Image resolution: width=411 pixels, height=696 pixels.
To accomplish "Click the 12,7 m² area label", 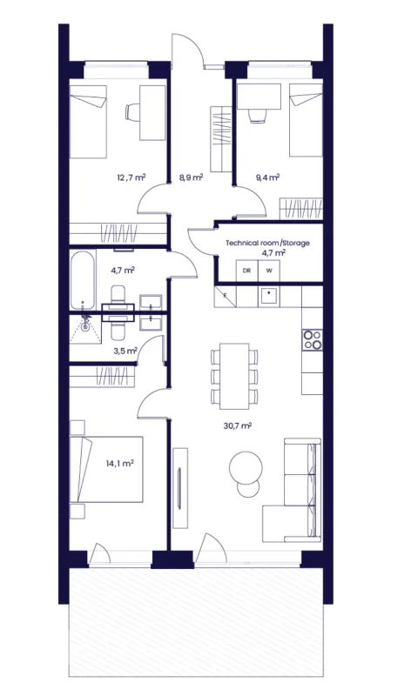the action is tap(131, 177).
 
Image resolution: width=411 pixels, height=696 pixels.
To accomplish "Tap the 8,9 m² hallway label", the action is tap(191, 177).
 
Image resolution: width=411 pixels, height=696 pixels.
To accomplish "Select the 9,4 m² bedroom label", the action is tap(267, 177).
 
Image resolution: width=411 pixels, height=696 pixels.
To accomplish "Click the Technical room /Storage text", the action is tap(267, 243).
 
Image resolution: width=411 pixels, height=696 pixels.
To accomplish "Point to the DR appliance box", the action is tap(246, 271).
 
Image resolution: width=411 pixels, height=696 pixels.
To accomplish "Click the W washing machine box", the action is tap(269, 271).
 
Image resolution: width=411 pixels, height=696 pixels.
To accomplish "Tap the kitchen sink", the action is tap(269, 297).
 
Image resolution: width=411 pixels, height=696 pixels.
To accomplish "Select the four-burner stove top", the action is tap(313, 339).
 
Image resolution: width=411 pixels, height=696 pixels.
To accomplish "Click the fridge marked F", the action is tap(226, 297).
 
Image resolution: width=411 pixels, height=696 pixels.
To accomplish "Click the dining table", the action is tap(234, 376).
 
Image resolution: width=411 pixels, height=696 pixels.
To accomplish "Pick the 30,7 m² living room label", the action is tap(238, 426).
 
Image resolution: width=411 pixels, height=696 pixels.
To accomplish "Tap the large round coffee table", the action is tap(246, 468).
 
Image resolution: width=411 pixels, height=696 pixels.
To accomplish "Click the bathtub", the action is tap(83, 279).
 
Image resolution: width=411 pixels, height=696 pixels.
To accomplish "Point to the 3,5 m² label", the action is tap(125, 351).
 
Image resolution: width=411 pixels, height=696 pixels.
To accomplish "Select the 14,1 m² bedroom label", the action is tap(120, 464).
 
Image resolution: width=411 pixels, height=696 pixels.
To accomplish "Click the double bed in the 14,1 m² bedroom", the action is tap(106, 469).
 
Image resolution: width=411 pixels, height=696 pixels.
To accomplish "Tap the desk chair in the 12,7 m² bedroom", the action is tap(132, 111).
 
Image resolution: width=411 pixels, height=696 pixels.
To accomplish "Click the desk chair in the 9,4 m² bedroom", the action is tap(258, 117).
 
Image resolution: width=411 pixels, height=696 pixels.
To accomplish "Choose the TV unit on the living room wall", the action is tap(180, 488).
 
